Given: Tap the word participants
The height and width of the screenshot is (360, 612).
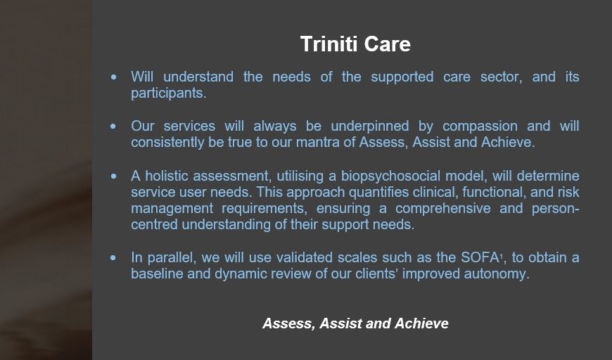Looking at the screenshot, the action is pos(169,94).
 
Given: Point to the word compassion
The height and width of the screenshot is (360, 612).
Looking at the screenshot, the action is pos(480,127).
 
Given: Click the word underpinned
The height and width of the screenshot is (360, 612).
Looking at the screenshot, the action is pos(370,127).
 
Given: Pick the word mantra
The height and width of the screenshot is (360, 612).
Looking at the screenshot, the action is pos(318,142).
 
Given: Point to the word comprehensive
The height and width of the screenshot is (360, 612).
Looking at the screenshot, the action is pos(443,209).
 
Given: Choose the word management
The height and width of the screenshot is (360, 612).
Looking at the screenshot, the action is pos(172,209).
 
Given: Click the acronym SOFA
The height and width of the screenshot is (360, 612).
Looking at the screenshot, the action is pos(480,258).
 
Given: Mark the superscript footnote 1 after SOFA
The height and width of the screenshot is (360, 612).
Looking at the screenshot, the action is pos(501,255).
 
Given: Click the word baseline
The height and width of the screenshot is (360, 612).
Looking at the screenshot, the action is pos(157,274).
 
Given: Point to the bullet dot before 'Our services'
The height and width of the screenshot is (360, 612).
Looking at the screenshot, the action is pos(113,127).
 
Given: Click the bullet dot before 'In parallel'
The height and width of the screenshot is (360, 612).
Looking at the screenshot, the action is pos(113,258).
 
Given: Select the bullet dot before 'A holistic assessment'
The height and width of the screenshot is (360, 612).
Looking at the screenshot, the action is pos(113,176).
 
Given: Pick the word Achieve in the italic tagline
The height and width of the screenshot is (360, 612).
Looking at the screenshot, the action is pos(421,323).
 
